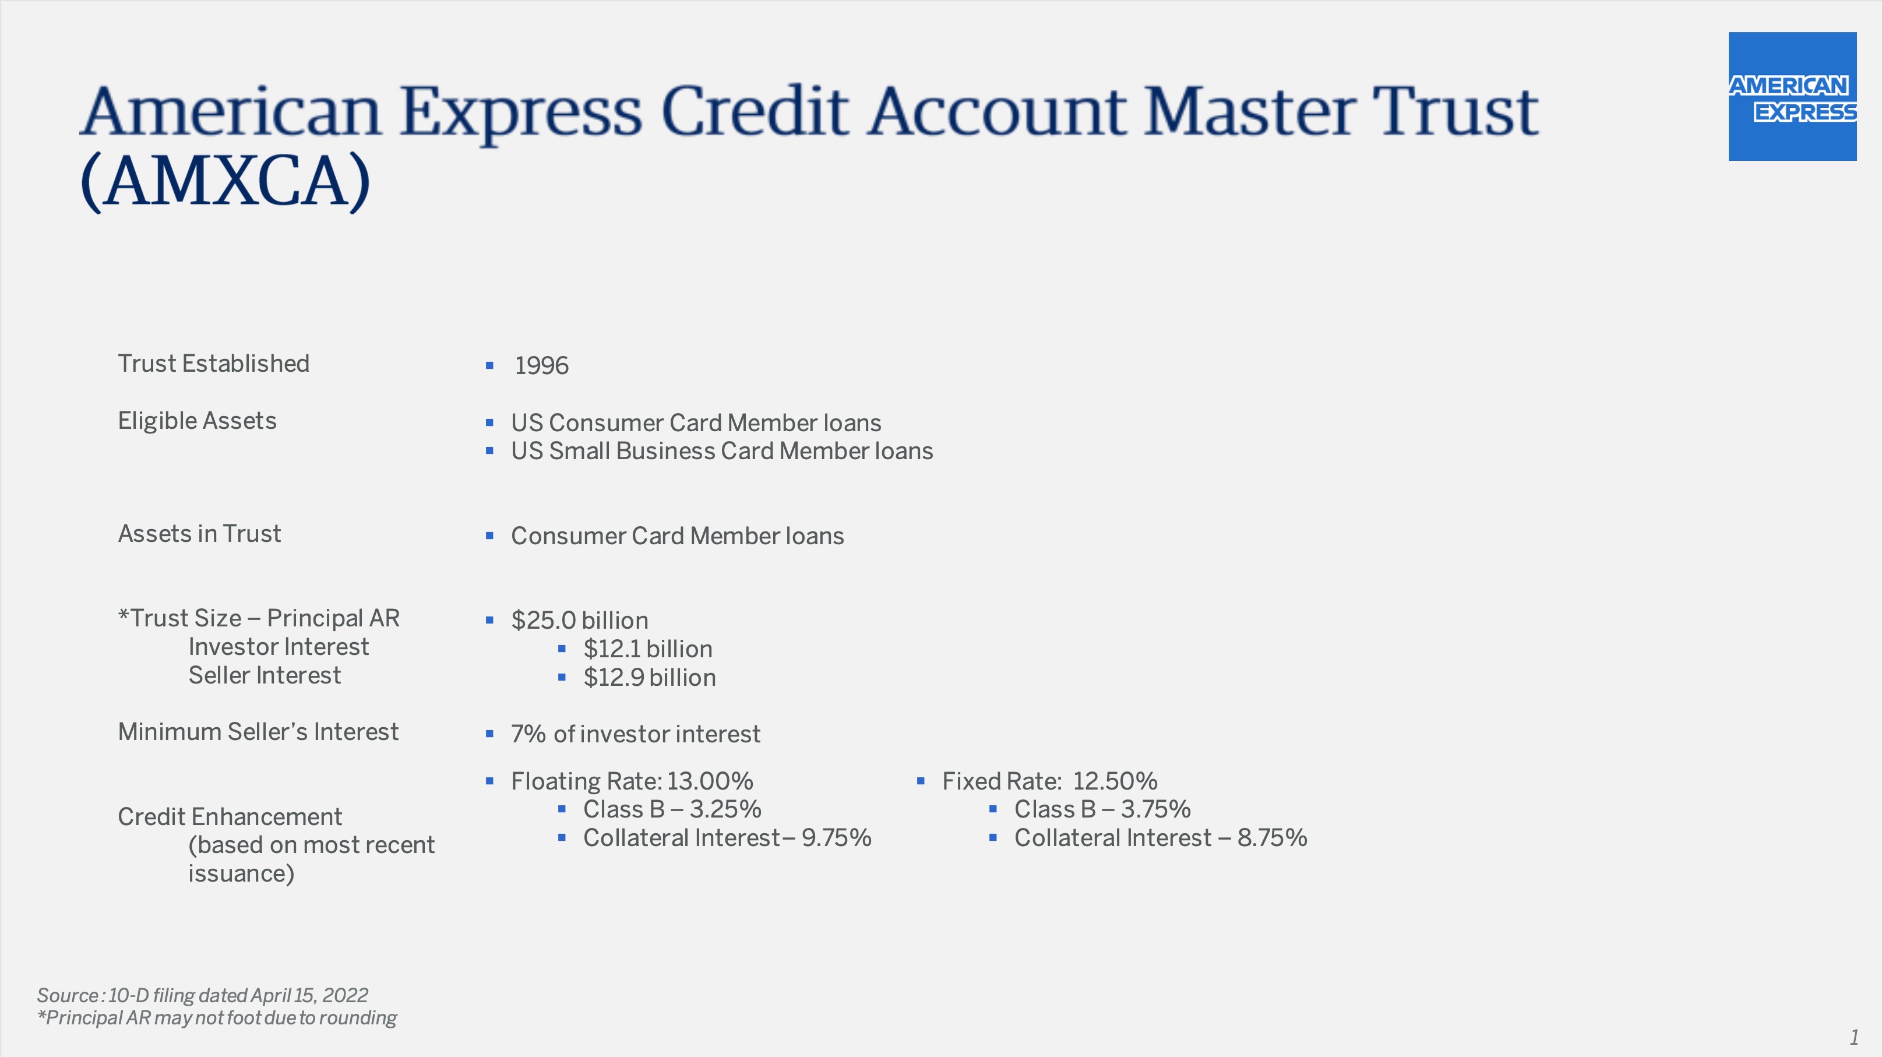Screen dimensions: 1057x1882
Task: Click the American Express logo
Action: pyautogui.click(x=1792, y=96)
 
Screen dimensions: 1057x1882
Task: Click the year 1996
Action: pyautogui.click(x=541, y=365)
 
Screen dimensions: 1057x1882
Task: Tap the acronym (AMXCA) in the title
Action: pyautogui.click(x=225, y=181)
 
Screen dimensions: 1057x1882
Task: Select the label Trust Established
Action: pyautogui.click(x=213, y=364)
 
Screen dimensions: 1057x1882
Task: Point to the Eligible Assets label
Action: pyautogui.click(x=198, y=421)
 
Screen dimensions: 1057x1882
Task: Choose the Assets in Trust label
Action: pyautogui.click(x=199, y=534)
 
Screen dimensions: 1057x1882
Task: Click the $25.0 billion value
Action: pyautogui.click(x=579, y=620)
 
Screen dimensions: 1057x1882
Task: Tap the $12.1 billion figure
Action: pyautogui.click(x=647, y=649)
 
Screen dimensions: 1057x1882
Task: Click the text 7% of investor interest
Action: pyautogui.click(x=636, y=734)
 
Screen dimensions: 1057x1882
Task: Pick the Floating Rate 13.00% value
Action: pyautogui.click(x=632, y=781)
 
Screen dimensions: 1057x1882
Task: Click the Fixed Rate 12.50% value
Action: pyautogui.click(x=1049, y=781)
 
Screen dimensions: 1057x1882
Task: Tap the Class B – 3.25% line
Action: pyautogui.click(x=672, y=809)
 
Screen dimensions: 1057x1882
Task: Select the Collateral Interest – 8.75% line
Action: pyautogui.click(x=1160, y=838)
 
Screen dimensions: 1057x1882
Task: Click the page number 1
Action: pyautogui.click(x=1853, y=1037)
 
